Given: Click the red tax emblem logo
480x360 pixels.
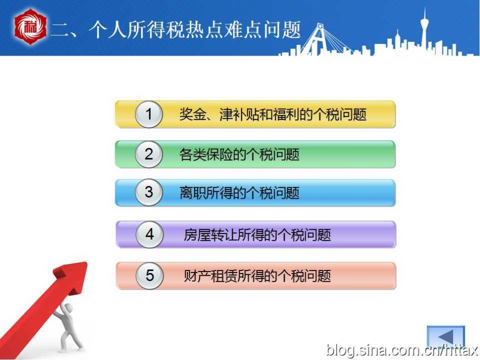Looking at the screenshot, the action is pyautogui.click(x=30, y=27).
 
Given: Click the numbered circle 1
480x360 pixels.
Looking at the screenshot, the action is pyautogui.click(x=149, y=114).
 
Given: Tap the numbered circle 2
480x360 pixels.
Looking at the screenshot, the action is pyautogui.click(x=149, y=154).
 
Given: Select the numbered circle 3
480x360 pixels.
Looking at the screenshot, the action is pyautogui.click(x=149, y=192).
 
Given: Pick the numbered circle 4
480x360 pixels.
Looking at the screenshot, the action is pyautogui.click(x=150, y=235).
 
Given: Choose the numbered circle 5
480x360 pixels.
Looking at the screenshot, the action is pyautogui.click(x=150, y=276).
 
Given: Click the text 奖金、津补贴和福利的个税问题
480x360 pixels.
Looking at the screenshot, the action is pyautogui.click(x=273, y=114).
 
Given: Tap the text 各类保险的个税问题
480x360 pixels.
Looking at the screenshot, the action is pyautogui.click(x=239, y=154).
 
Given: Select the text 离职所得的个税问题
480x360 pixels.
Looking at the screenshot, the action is pyautogui.click(x=239, y=193).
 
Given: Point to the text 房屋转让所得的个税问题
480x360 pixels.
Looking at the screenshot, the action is pyautogui.click(x=257, y=235).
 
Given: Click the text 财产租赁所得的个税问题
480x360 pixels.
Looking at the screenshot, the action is pyautogui.click(x=257, y=276).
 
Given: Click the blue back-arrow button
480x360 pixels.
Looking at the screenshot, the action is pyautogui.click(x=446, y=337).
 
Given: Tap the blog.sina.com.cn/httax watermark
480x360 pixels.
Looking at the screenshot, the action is pyautogui.click(x=402, y=350).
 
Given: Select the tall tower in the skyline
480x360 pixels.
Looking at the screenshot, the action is pyautogui.click(x=425, y=31).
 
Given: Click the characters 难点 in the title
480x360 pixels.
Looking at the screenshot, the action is pyautogui.click(x=243, y=30).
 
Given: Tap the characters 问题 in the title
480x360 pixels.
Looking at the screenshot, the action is pyautogui.click(x=282, y=30).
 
